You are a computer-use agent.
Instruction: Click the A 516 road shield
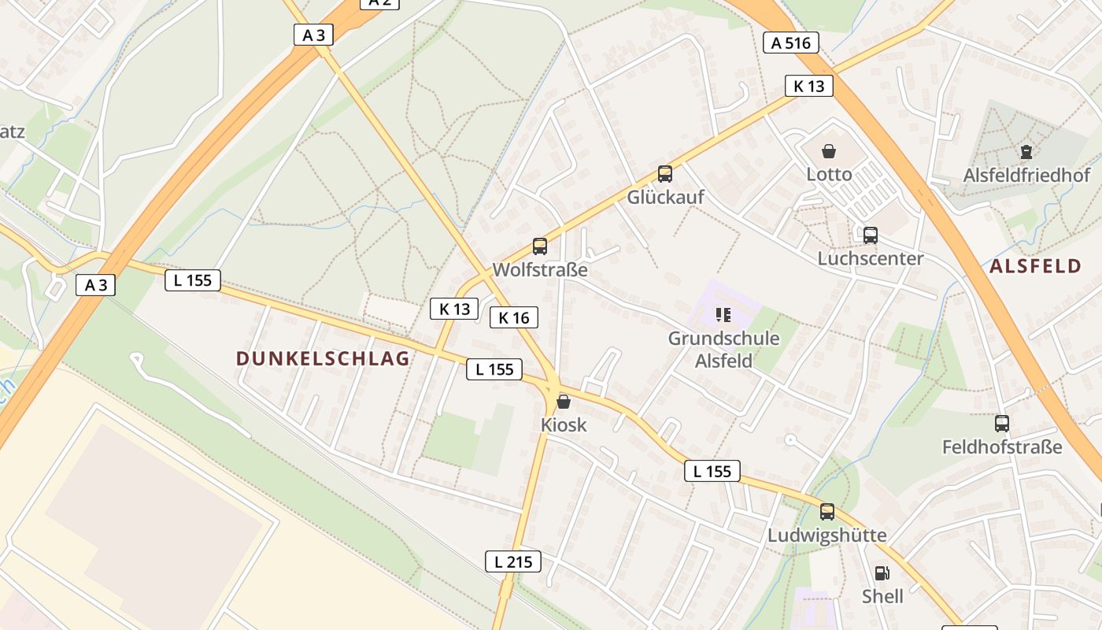tap(791, 43)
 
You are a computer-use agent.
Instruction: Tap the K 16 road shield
tap(514, 317)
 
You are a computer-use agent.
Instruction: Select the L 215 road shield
tap(512, 561)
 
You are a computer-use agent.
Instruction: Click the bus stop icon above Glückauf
tap(665, 174)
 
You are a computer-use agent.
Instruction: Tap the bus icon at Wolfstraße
tap(539, 246)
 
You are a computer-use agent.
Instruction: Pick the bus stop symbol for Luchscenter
tap(870, 235)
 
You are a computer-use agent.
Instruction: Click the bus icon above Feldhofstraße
tap(1001, 424)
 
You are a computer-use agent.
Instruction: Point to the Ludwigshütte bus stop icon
tap(826, 512)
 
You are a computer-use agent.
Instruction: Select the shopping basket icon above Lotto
tap(828, 150)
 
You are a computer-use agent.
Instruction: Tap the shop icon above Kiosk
tap(564, 402)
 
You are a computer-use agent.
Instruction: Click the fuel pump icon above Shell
tap(882, 573)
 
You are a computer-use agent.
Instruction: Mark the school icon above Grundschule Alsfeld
tap(723, 316)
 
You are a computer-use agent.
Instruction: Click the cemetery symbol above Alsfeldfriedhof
tap(1026, 151)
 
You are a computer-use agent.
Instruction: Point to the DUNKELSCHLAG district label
tap(323, 359)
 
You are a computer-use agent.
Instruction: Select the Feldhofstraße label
tap(1002, 447)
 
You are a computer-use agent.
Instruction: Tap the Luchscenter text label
tap(870, 258)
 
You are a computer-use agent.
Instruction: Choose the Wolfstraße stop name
tap(540, 270)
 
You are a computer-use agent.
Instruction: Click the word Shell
tap(882, 597)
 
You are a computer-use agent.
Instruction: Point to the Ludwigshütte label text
tap(826, 535)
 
